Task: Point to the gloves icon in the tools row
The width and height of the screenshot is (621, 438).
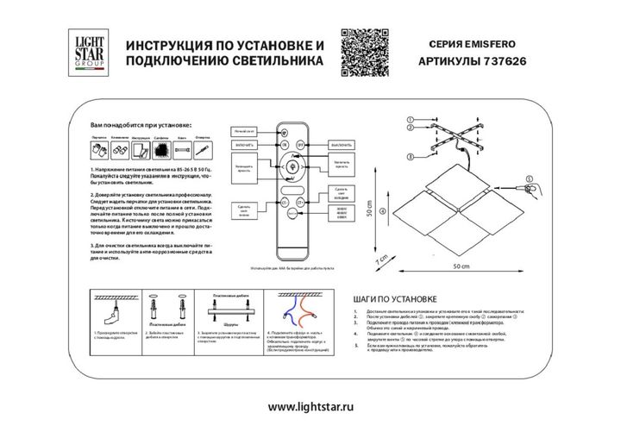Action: (98, 150)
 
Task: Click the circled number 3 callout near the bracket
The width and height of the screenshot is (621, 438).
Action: (411, 156)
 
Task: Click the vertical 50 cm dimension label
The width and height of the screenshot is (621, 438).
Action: (368, 212)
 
